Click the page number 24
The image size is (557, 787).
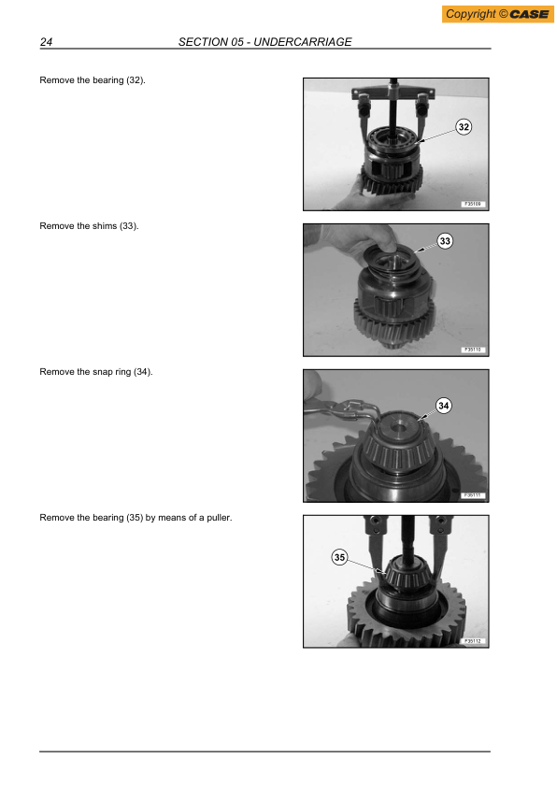pyautogui.click(x=45, y=42)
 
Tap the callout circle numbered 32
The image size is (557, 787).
pyautogui.click(x=464, y=127)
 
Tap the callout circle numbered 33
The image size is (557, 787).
pyautogui.click(x=445, y=242)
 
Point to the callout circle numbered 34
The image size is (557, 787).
pyautogui.click(x=444, y=406)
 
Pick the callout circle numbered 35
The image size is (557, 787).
pyautogui.click(x=339, y=558)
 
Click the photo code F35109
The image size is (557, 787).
pyautogui.click(x=471, y=204)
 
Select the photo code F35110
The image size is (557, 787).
pyautogui.click(x=471, y=350)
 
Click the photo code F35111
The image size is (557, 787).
pyautogui.click(x=471, y=495)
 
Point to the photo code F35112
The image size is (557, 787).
pyautogui.click(x=471, y=641)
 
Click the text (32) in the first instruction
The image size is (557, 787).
pyautogui.click(x=136, y=81)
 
